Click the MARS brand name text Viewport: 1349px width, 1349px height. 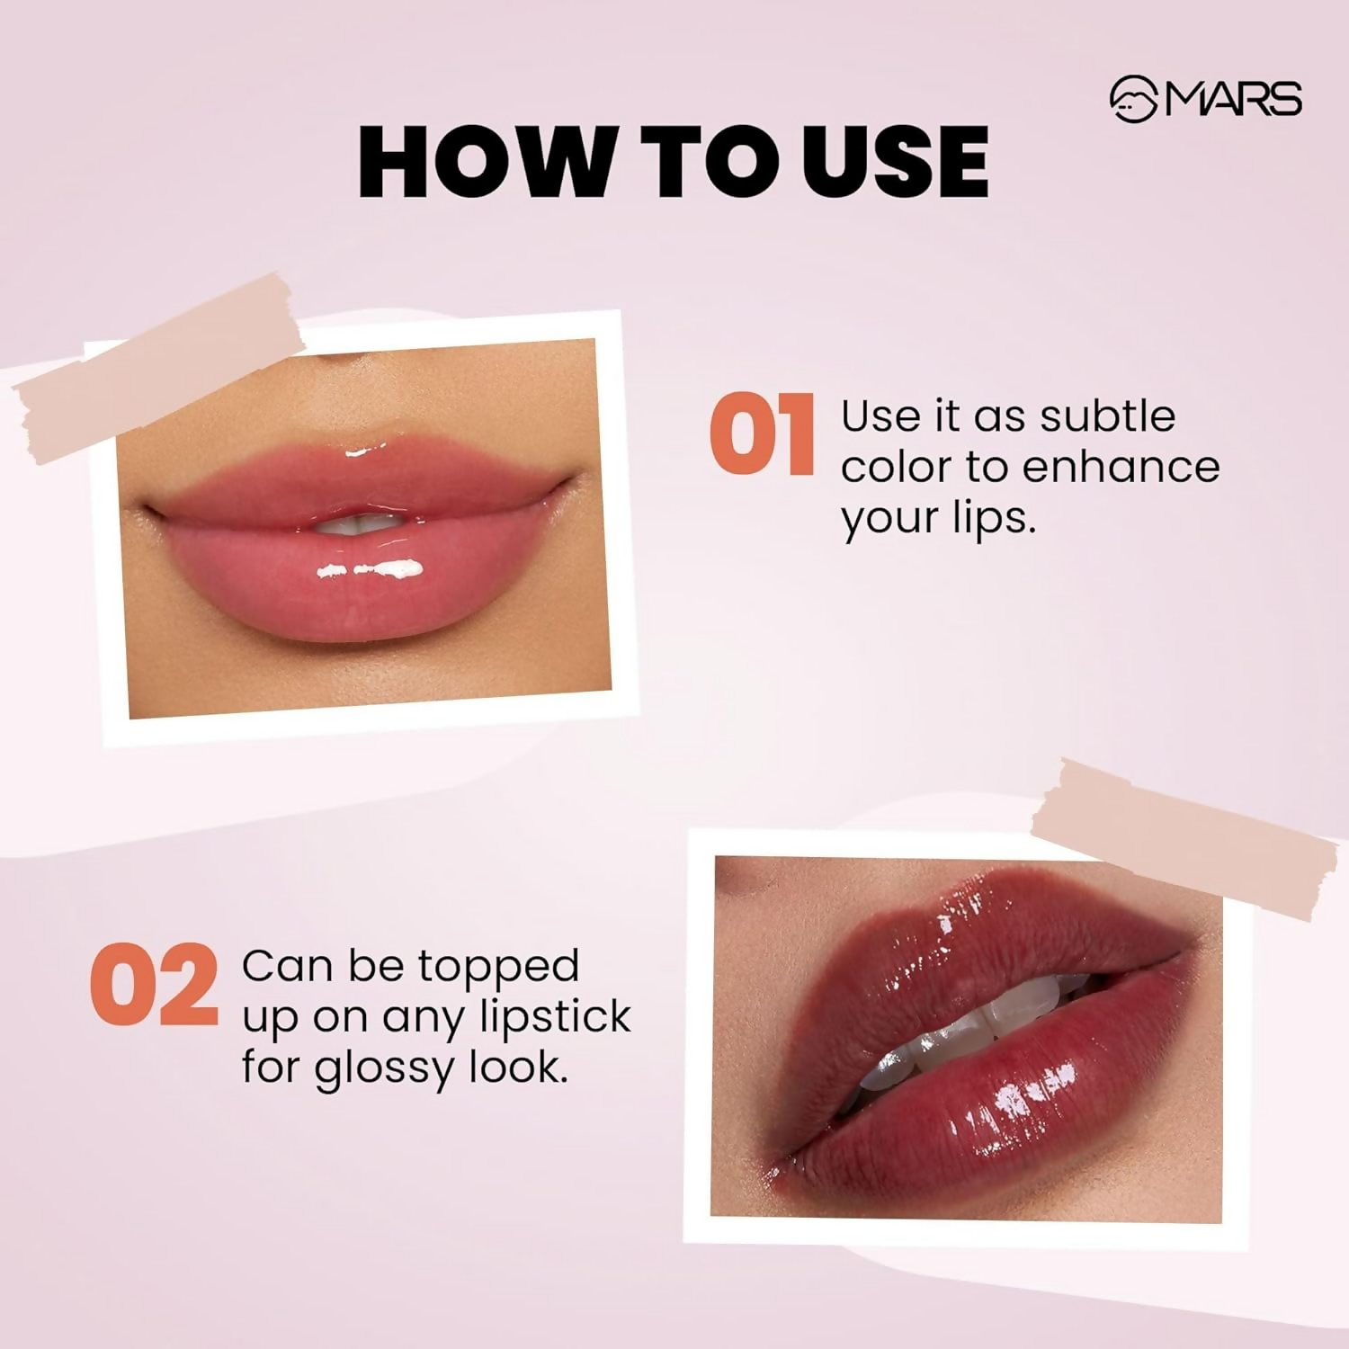click(x=1234, y=99)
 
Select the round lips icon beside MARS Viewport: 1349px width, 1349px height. click(x=1133, y=99)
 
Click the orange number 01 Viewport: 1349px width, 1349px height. click(x=762, y=435)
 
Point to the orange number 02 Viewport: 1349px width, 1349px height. click(x=154, y=986)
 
